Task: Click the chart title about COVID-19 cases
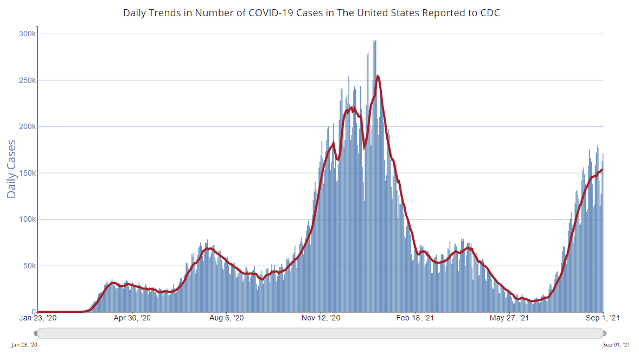(311, 12)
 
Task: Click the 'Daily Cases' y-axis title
(11, 169)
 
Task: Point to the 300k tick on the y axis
(28, 34)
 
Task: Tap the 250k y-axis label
(28, 80)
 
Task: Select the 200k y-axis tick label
(28, 127)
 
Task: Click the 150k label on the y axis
(28, 173)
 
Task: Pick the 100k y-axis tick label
(28, 220)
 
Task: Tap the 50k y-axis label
(29, 266)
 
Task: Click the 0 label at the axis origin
(34, 312)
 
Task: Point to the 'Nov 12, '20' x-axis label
(321, 318)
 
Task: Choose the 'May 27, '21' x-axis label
(510, 318)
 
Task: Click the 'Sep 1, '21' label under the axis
(604, 318)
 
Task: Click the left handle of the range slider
(37, 333)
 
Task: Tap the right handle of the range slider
(604, 333)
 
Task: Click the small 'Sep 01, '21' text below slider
(616, 345)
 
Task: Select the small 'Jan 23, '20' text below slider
(25, 345)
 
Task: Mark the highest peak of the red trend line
(378, 76)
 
